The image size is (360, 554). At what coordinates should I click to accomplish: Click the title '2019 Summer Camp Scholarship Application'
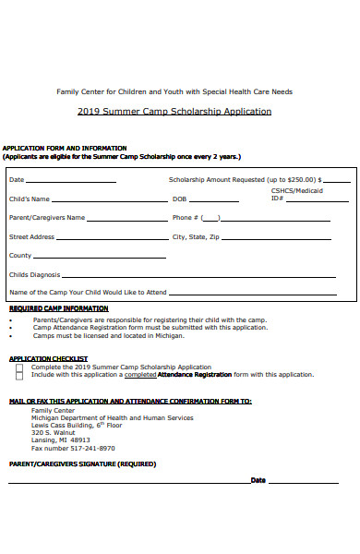pos(174,112)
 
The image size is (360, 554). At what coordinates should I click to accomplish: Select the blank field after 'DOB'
pos(214,200)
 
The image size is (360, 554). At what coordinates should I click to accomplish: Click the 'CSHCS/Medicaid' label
pos(296,191)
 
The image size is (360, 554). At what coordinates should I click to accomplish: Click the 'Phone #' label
pos(185,218)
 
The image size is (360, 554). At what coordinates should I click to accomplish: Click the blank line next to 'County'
pos(88,257)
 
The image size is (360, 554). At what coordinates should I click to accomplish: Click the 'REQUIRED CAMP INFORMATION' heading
pos(58,308)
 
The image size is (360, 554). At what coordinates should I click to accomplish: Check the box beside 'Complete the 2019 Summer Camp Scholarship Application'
pos(19,367)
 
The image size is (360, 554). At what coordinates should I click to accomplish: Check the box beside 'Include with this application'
pos(19,375)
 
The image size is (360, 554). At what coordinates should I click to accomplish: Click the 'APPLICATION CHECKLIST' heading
pos(48,358)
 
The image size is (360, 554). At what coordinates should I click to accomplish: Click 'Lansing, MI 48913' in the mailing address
pos(61,440)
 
